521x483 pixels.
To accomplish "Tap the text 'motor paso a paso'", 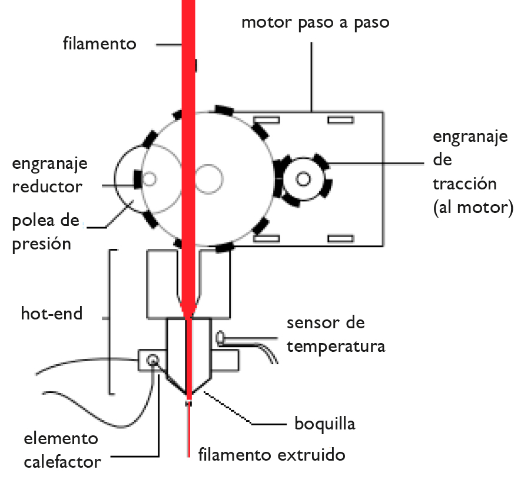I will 316,23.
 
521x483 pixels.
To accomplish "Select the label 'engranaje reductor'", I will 49,175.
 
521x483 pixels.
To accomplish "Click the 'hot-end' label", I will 52,313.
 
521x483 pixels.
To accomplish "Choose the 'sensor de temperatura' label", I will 336,334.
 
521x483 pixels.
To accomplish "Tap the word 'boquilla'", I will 325,424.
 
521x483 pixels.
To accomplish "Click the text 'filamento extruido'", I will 271,455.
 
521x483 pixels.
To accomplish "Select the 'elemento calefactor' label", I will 62,450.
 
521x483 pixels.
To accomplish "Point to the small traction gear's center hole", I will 304,178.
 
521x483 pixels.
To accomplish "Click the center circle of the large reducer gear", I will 209,178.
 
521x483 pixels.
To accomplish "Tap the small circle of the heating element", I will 154,359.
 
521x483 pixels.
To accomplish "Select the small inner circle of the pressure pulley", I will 150,178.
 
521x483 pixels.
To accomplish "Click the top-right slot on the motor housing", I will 341,120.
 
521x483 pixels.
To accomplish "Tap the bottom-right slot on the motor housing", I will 341,238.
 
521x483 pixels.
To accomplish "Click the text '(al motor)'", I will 473,207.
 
